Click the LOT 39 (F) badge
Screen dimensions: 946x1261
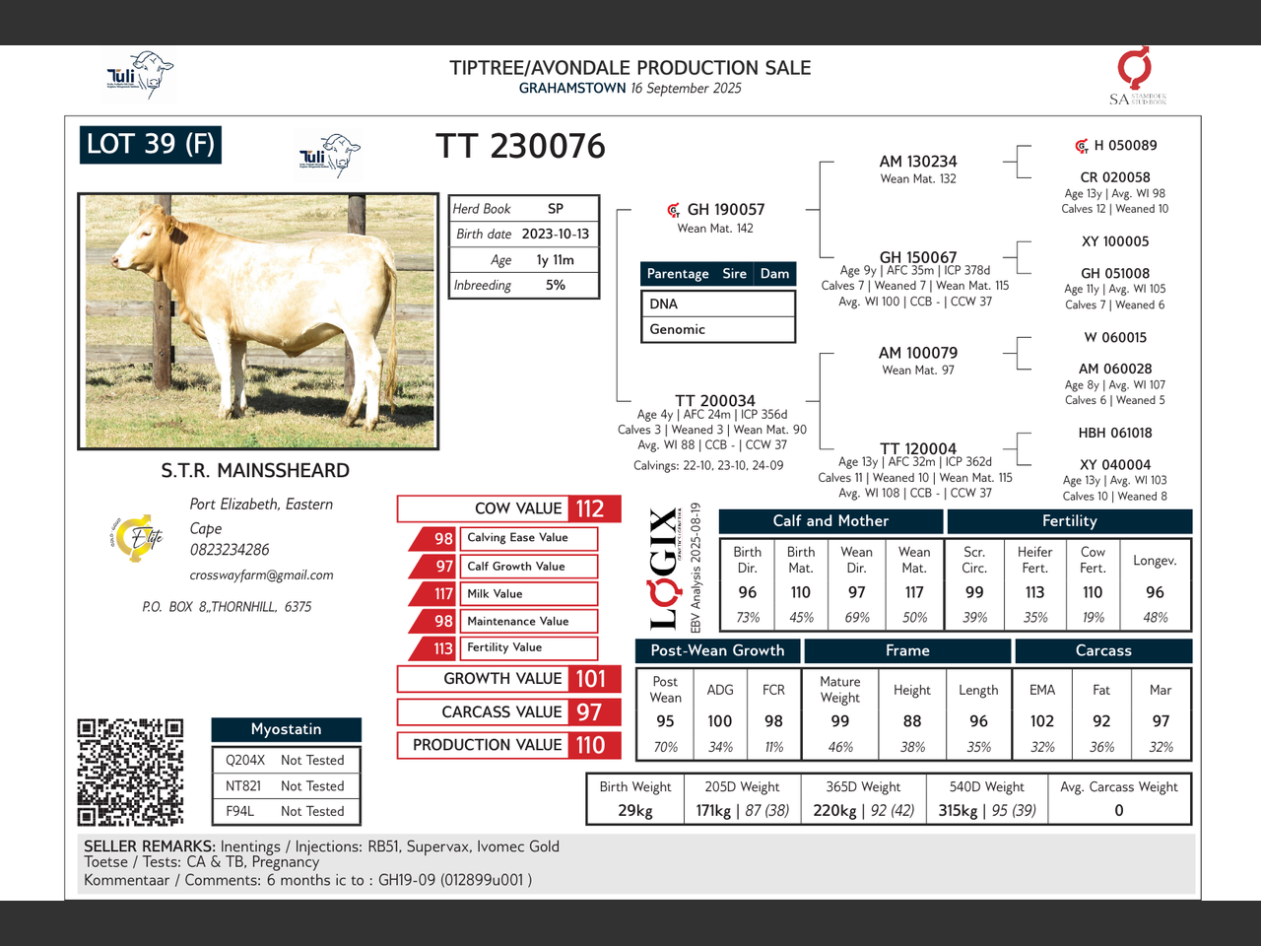150,145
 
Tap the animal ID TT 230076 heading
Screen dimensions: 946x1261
520,147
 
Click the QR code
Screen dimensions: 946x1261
130,772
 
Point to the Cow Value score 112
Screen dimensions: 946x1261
590,508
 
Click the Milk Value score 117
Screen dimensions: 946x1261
443,594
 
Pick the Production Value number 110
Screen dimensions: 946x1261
590,745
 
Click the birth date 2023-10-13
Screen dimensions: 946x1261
555,234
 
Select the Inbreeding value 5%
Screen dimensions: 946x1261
555,285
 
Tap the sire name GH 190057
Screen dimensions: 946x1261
725,209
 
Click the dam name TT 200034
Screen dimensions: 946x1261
714,400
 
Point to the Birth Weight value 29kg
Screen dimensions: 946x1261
635,810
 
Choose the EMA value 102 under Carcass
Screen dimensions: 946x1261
1041,721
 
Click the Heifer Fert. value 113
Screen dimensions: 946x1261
1034,592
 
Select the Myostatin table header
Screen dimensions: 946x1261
286,729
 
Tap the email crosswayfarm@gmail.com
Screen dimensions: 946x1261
261,574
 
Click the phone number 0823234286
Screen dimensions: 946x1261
230,550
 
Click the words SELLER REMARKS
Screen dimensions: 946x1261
149,846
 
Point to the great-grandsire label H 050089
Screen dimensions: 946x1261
1125,146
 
